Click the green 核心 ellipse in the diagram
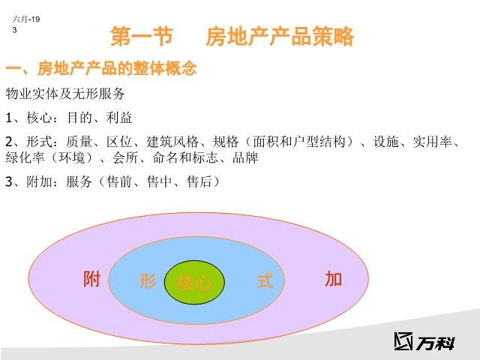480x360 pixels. coord(194,282)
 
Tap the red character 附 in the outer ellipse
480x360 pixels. coord(91,279)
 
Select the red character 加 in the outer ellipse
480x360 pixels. coord(333,279)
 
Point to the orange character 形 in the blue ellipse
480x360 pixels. coord(148,281)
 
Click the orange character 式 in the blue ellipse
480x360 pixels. coord(265,281)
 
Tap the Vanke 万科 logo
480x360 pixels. coord(424,341)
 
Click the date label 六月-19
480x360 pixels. coord(26,19)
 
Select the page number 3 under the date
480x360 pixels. coord(14,30)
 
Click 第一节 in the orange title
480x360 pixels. coord(142,37)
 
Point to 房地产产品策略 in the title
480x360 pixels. coord(280,37)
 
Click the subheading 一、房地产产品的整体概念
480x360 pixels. coord(101,68)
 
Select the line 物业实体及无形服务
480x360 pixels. coord(65,94)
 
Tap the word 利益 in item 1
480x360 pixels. coord(118,118)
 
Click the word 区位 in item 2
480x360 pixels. coord(119,142)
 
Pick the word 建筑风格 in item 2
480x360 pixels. coord(172,142)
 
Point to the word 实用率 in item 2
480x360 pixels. coord(433,142)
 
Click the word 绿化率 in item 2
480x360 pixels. coord(25,157)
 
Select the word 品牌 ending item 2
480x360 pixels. coord(245,157)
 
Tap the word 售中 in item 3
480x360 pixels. coord(159,181)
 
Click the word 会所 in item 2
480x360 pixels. coord(125,157)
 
